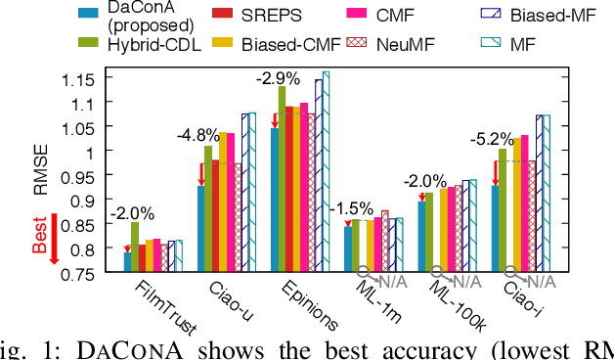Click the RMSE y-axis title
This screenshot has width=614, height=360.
point(41,174)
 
